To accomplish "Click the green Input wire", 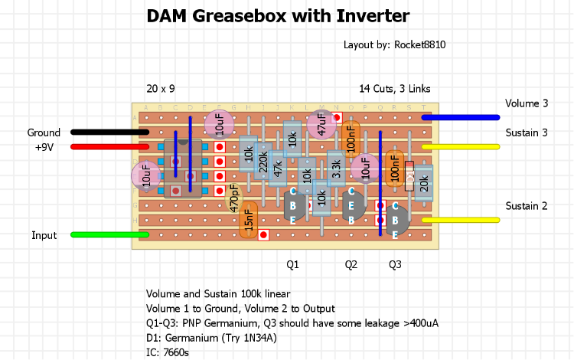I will click(107, 235).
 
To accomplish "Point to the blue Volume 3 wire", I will click(459, 117).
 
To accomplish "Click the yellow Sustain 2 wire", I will click(459, 221).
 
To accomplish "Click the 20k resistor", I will click(424, 183).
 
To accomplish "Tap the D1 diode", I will click(409, 176).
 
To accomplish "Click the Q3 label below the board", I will click(395, 264).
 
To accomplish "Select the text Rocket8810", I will click(419, 45).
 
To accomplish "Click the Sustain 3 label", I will click(527, 133).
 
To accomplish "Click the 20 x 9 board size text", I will click(161, 89).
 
